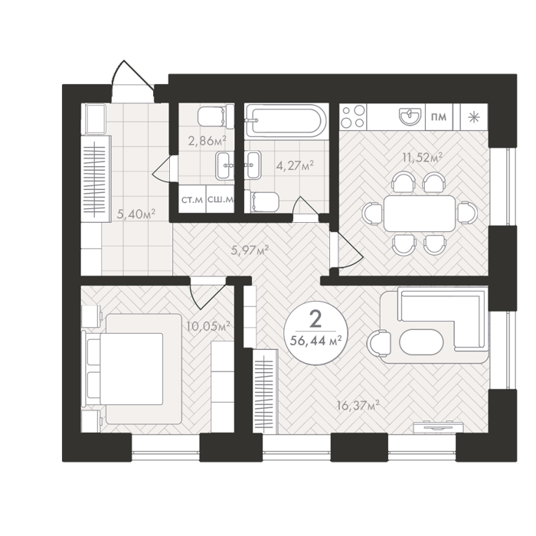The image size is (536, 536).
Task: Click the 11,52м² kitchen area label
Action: [423, 158]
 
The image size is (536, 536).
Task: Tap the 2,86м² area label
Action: [208, 140]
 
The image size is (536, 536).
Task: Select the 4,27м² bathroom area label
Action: [295, 166]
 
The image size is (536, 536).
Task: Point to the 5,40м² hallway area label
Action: [136, 214]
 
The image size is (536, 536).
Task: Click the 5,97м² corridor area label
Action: [250, 250]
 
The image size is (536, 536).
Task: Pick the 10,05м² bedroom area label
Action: [208, 326]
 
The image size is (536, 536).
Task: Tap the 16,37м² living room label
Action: [358, 406]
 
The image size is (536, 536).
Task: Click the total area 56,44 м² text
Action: [315, 341]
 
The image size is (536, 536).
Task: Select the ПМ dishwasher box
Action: [440, 117]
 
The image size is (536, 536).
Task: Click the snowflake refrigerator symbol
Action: [474, 117]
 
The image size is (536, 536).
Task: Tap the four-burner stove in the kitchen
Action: [353, 117]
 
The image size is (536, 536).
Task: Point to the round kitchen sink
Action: [410, 116]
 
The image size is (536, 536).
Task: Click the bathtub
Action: [286, 121]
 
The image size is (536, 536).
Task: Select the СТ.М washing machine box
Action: [192, 199]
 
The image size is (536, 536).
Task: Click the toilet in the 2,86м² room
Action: [216, 116]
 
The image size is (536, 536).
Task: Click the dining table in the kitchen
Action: [420, 214]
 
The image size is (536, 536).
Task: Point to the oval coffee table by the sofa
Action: [422, 342]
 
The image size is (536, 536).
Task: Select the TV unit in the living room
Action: [438, 427]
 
